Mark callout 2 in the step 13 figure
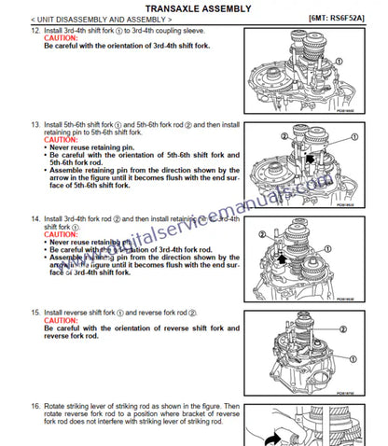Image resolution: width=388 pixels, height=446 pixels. tap(281, 137)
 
